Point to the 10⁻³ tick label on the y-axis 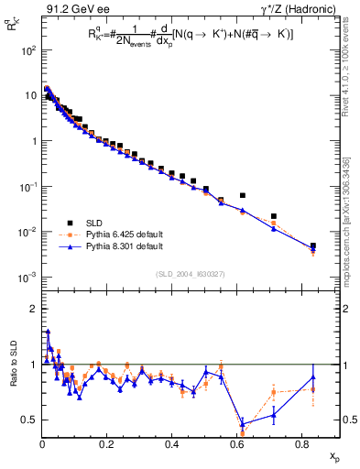[27, 277]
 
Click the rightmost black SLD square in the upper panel [313, 245]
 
